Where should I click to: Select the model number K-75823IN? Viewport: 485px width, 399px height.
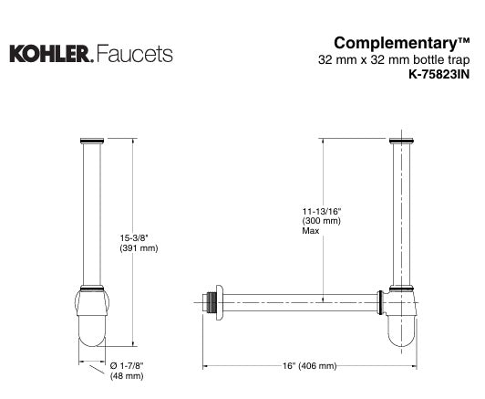pyautogui.click(x=437, y=76)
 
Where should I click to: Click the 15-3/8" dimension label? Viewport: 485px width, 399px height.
pyautogui.click(x=136, y=240)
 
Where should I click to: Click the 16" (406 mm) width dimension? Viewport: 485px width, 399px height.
pyautogui.click(x=309, y=365)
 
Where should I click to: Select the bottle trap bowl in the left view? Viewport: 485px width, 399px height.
pyautogui.click(x=91, y=320)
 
